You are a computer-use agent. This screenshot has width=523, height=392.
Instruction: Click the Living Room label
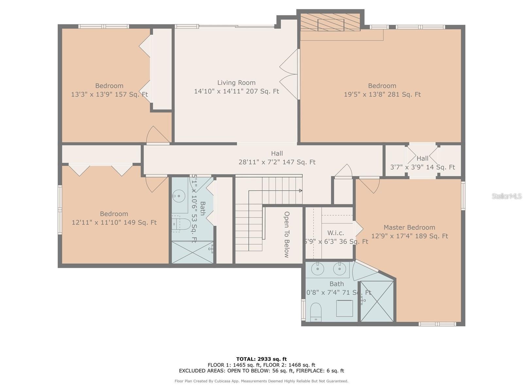click(236, 83)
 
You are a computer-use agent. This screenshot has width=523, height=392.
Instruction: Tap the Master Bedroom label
click(409, 227)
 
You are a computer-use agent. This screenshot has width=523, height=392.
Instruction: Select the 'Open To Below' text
click(287, 235)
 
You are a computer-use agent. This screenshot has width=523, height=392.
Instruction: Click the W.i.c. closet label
click(336, 233)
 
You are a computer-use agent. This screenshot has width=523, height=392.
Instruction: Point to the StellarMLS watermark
click(507, 196)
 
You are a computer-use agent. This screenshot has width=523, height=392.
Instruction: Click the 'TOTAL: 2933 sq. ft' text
click(261, 359)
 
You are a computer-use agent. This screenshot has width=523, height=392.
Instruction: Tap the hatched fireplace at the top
click(330, 22)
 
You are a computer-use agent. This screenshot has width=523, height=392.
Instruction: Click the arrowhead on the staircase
click(300, 190)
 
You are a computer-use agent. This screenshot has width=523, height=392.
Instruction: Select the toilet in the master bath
click(316, 312)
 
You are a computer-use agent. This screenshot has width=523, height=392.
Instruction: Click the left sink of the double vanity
click(317, 269)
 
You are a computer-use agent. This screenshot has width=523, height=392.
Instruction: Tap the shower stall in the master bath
click(377, 301)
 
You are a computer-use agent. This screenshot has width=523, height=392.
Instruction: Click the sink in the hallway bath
click(179, 196)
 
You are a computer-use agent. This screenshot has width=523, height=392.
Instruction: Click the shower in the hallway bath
click(192, 252)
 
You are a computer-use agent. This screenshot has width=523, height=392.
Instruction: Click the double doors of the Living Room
click(290, 74)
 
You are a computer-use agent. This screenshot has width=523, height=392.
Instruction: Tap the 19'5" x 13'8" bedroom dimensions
click(382, 94)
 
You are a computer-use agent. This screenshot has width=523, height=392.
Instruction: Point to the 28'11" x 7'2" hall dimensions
click(277, 162)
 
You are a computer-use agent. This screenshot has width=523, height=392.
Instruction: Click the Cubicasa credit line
click(261, 381)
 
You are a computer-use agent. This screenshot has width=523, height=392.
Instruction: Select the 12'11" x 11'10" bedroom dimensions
click(114, 222)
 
